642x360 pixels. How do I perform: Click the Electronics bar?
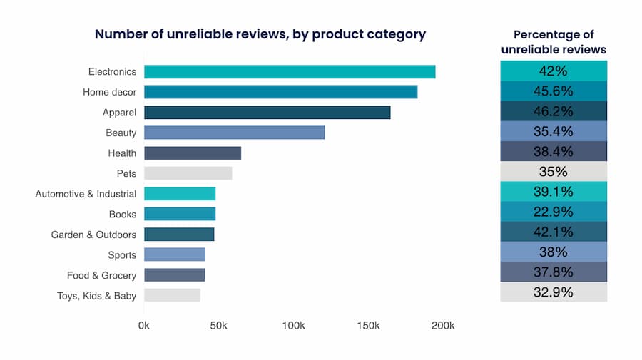point(290,72)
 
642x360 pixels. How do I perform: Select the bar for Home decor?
point(280,92)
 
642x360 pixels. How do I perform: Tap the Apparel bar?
point(267,113)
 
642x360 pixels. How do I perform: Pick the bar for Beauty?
point(234,133)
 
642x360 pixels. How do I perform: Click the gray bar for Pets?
point(188,173)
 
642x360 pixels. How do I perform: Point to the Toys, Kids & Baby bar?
point(172,295)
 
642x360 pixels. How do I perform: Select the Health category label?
point(122,153)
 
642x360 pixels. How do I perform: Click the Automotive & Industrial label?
point(86,194)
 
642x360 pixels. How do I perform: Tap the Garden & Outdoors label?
point(93,235)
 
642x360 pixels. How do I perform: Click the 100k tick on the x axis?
point(294,326)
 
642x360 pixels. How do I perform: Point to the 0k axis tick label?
point(144,326)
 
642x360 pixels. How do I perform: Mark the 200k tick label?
point(443,326)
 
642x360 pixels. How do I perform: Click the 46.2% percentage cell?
point(554,111)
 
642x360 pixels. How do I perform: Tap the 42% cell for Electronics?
point(554,71)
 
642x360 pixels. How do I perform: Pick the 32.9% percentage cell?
point(554,292)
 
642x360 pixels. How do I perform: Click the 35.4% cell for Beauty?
point(554,131)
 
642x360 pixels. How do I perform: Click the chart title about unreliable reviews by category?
point(260,34)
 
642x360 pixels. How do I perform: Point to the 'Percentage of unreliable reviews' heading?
point(554,42)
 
